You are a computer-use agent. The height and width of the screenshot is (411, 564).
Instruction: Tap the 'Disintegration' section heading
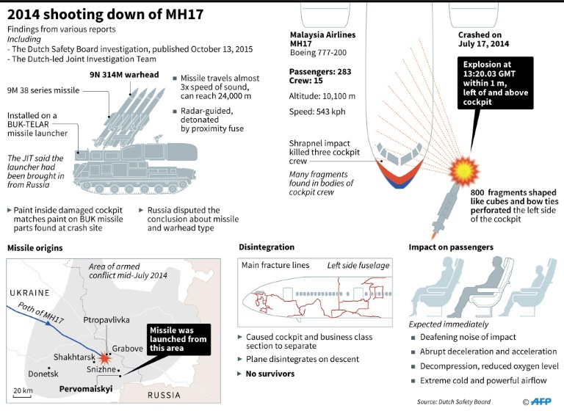tap(266, 247)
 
